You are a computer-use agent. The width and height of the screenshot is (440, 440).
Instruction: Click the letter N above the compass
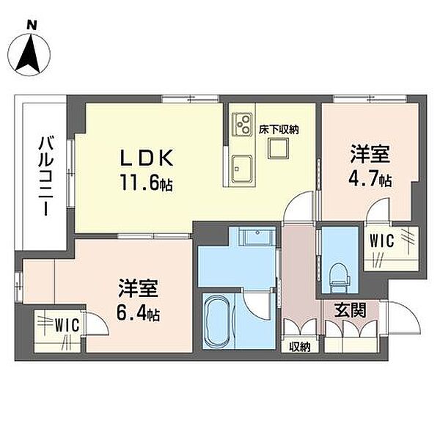click(x=32, y=26)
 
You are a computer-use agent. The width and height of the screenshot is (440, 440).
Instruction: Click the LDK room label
click(x=146, y=158)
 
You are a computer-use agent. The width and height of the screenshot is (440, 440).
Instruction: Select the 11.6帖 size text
click(x=146, y=182)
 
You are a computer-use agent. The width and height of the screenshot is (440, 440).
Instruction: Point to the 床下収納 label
click(x=279, y=130)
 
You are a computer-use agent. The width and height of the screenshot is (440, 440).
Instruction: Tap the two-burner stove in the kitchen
click(x=243, y=125)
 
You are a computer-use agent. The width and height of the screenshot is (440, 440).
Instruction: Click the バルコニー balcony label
click(x=45, y=175)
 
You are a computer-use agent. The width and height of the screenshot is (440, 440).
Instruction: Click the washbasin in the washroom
click(x=257, y=237)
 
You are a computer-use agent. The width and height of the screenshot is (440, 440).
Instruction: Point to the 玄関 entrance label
click(x=351, y=311)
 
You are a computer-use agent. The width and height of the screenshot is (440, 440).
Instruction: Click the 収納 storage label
click(x=300, y=348)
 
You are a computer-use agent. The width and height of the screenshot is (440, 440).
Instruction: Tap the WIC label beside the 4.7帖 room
click(x=381, y=241)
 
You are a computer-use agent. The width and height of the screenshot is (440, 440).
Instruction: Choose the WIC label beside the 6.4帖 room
click(x=67, y=325)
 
